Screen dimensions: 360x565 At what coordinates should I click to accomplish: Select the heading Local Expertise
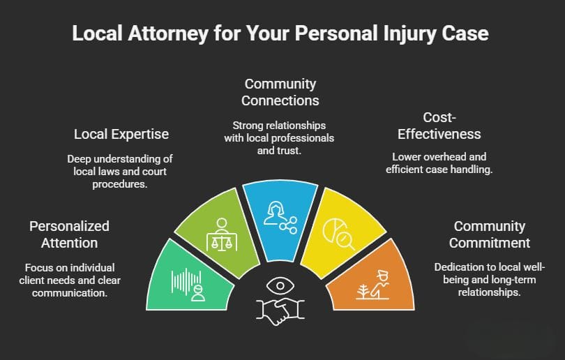click(121, 133)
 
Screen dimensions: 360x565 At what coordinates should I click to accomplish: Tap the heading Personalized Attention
click(70, 234)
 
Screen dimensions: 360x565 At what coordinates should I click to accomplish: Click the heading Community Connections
click(280, 92)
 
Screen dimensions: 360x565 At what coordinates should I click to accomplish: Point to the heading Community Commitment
click(490, 234)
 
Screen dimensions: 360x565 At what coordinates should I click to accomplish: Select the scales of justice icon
click(223, 235)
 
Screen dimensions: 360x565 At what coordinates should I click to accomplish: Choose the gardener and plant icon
click(372, 283)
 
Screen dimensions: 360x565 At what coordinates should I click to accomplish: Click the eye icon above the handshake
click(282, 287)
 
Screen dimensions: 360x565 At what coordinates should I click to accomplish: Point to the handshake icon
click(282, 311)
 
